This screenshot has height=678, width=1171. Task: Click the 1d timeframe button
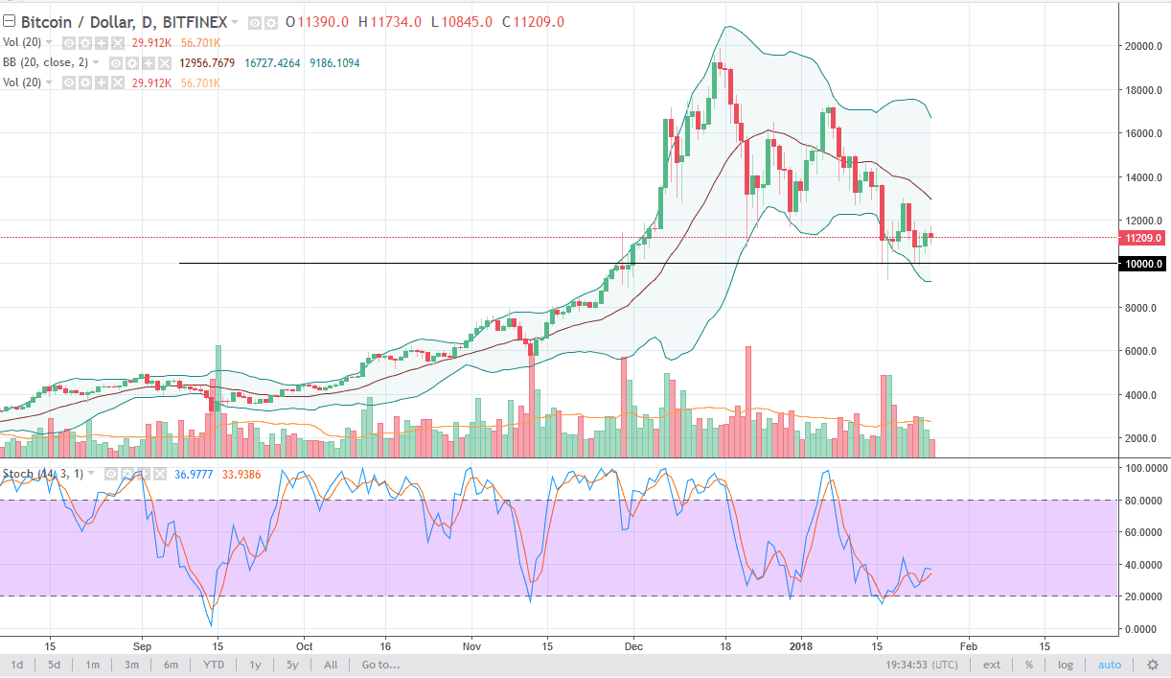pos(17,665)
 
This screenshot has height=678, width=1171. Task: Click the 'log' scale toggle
pos(1065,665)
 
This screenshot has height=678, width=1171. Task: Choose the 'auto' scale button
pos(1109,665)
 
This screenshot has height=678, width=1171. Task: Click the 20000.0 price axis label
pos(1143,46)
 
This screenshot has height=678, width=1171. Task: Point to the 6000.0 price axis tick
pos(1142,352)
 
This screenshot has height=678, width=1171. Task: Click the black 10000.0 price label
pos(1143,264)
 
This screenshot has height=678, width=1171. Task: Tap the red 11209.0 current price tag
pos(1143,238)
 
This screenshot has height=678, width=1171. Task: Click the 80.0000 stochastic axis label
pos(1144,500)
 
